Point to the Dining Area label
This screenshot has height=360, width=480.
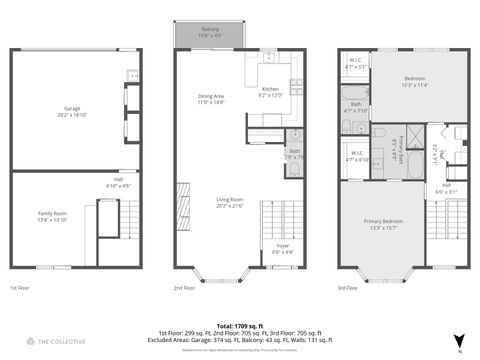(x=211, y=99)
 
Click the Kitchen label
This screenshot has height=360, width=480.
(x=271, y=91)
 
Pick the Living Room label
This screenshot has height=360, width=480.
(x=230, y=202)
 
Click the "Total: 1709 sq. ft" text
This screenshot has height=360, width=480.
(x=239, y=325)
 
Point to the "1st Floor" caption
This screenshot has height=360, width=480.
(x=20, y=288)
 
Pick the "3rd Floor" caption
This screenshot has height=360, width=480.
(x=349, y=288)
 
